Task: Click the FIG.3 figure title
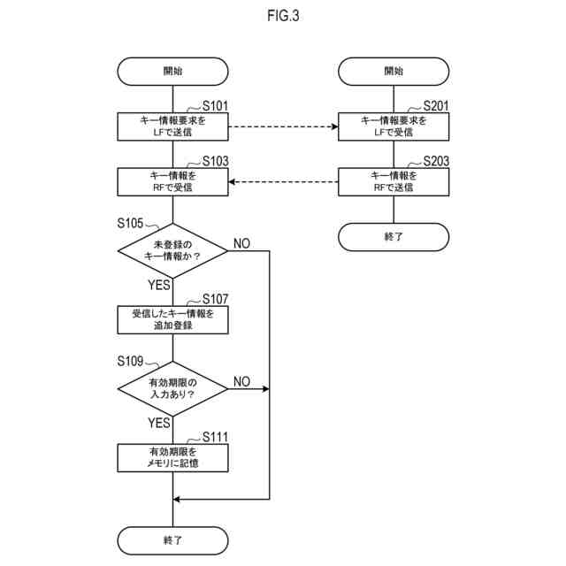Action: click(x=283, y=15)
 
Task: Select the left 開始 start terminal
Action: click(x=172, y=72)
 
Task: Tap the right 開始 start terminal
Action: click(x=394, y=72)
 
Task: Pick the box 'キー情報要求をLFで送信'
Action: click(x=172, y=126)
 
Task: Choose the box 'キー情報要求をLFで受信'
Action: click(x=394, y=126)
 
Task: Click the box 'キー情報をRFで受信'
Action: click(x=172, y=182)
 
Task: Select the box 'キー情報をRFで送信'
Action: click(x=394, y=182)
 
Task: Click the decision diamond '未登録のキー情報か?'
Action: click(x=172, y=250)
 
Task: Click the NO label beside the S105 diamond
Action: click(x=241, y=243)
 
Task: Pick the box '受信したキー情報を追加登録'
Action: click(x=172, y=319)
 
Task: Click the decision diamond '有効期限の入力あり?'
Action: click(x=172, y=388)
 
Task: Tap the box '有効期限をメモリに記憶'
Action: click(x=172, y=457)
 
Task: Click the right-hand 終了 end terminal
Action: click(x=394, y=237)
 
